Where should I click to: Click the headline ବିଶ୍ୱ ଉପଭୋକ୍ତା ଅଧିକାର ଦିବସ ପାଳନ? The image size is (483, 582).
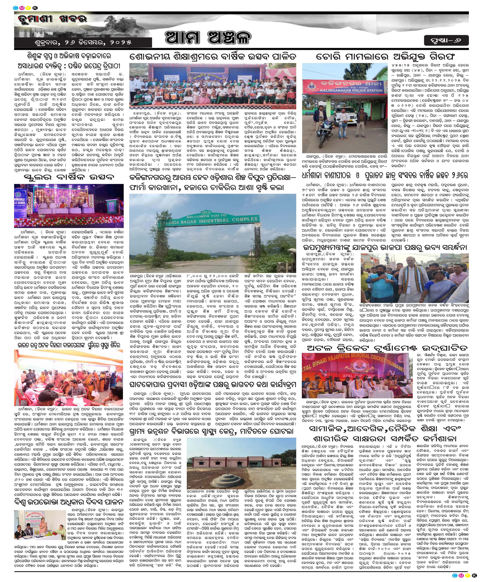point(69,502)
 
